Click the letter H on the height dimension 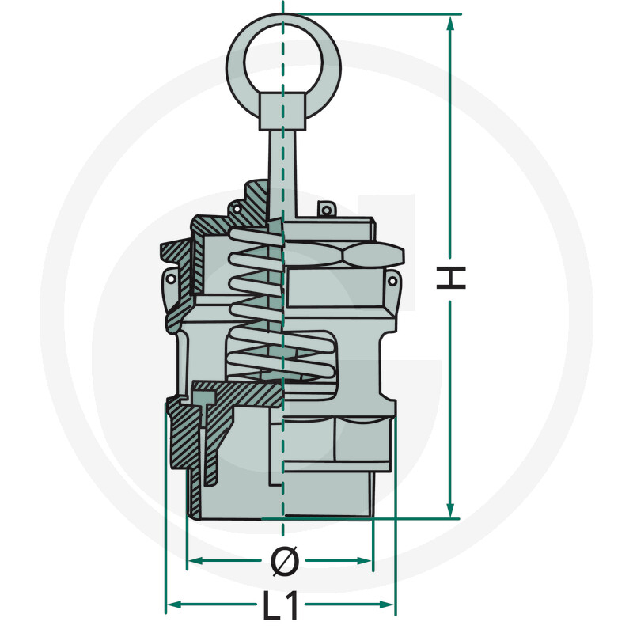pos(451,278)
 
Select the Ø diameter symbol pos(283,562)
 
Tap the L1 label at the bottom pos(281,606)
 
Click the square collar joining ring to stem pos(282,111)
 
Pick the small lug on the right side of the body pos(390,281)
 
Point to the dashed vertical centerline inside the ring pos(282,55)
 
